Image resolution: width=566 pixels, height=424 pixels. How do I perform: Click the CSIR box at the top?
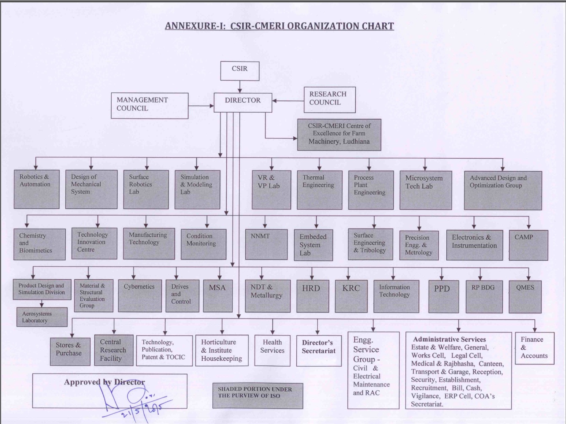(x=240, y=71)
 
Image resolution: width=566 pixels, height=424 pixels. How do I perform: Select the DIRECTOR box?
(x=243, y=103)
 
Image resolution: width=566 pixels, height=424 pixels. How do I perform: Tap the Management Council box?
(x=150, y=106)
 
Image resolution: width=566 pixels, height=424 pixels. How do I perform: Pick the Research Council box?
(x=330, y=100)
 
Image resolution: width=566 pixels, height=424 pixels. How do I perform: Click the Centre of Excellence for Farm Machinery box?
(x=339, y=135)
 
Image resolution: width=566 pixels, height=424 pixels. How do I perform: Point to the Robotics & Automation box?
(x=37, y=189)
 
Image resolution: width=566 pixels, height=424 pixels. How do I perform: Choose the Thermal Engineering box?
(x=320, y=190)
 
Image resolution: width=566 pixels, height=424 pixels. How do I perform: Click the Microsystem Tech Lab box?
(x=426, y=190)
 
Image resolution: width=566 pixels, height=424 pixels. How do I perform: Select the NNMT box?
(x=266, y=244)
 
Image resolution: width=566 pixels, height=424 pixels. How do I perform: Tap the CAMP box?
(x=528, y=245)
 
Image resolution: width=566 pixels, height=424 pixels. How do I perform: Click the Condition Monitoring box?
(x=204, y=244)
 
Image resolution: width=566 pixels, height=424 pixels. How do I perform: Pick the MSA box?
(x=218, y=296)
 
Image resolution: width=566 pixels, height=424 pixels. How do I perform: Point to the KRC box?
(x=351, y=297)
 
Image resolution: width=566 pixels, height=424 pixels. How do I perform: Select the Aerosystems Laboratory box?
(x=42, y=317)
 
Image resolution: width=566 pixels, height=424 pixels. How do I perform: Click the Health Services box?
(x=272, y=351)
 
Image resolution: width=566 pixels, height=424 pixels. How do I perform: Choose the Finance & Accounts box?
(x=534, y=348)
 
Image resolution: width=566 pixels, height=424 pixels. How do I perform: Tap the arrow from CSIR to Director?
(x=240, y=87)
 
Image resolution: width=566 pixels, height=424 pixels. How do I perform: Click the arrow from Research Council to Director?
(x=288, y=101)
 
